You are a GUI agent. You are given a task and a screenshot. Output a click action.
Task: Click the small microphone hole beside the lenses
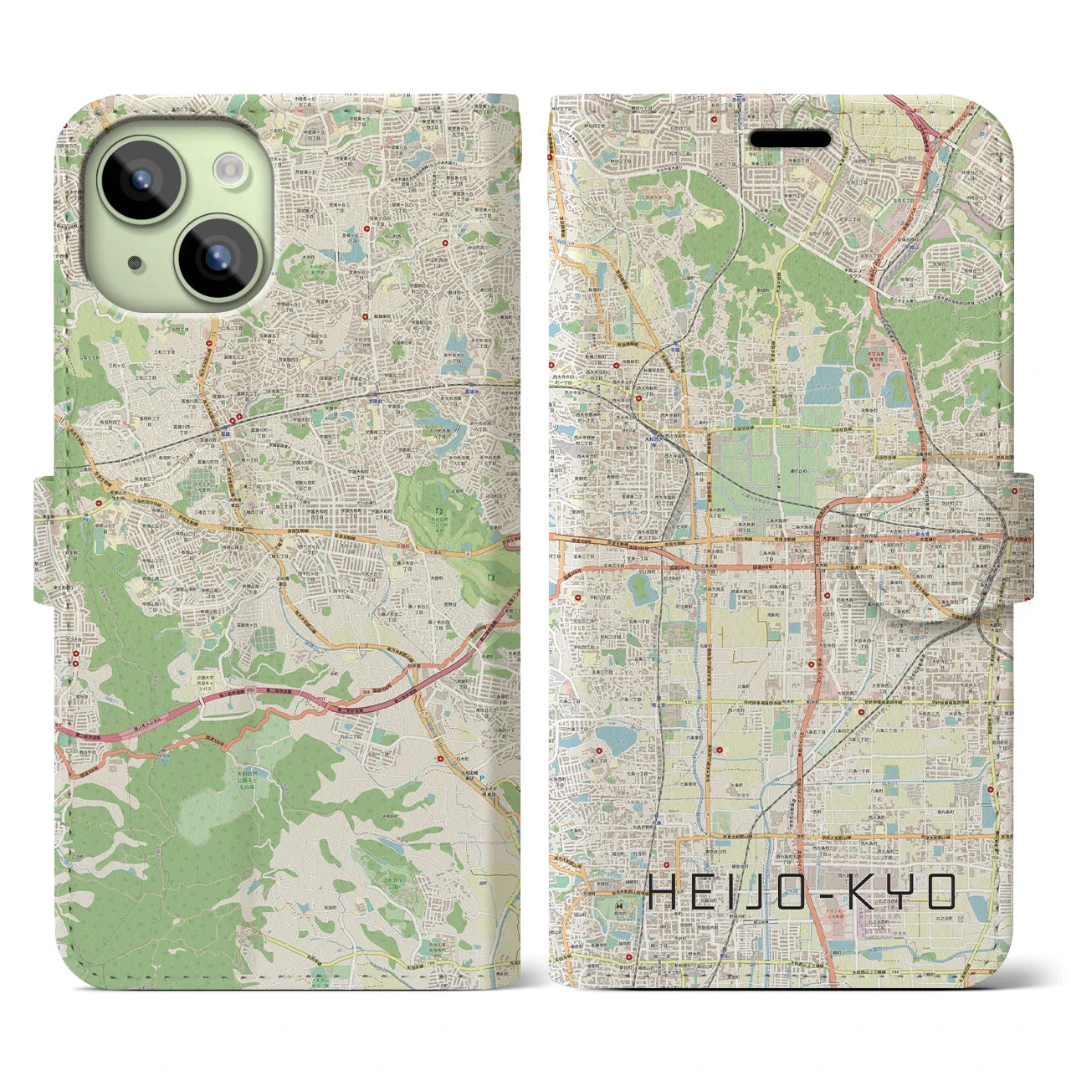point(134,264)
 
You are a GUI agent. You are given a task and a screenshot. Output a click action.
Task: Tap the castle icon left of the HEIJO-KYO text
point(616,906)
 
